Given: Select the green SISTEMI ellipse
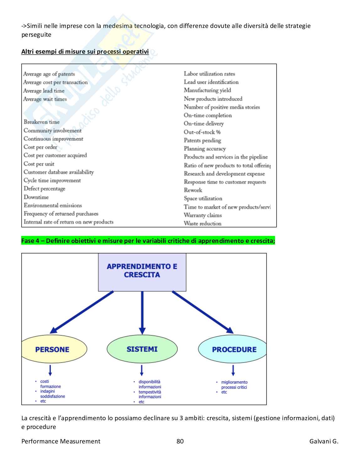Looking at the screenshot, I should point(142,349).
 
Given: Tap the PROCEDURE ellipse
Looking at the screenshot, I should point(233,349).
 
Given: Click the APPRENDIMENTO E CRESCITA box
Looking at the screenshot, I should point(142,272).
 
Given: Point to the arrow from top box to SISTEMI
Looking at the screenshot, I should point(142,312).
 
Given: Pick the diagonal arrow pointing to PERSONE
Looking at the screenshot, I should point(82,312).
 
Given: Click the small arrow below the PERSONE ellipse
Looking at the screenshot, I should point(50,370).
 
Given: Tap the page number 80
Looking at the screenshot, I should point(180,441).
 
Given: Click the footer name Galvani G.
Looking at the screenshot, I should point(324,441).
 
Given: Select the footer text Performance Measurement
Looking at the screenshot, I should point(61,441).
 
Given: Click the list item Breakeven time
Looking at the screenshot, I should point(41,122).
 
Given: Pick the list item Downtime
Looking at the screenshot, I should point(36,197).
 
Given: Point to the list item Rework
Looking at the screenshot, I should point(193,190).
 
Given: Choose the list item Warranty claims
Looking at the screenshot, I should point(203,215).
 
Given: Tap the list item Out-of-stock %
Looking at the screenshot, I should point(202,132).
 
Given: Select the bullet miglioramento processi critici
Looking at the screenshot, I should point(234,385).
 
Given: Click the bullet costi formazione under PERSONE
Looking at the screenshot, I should point(50,384).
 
